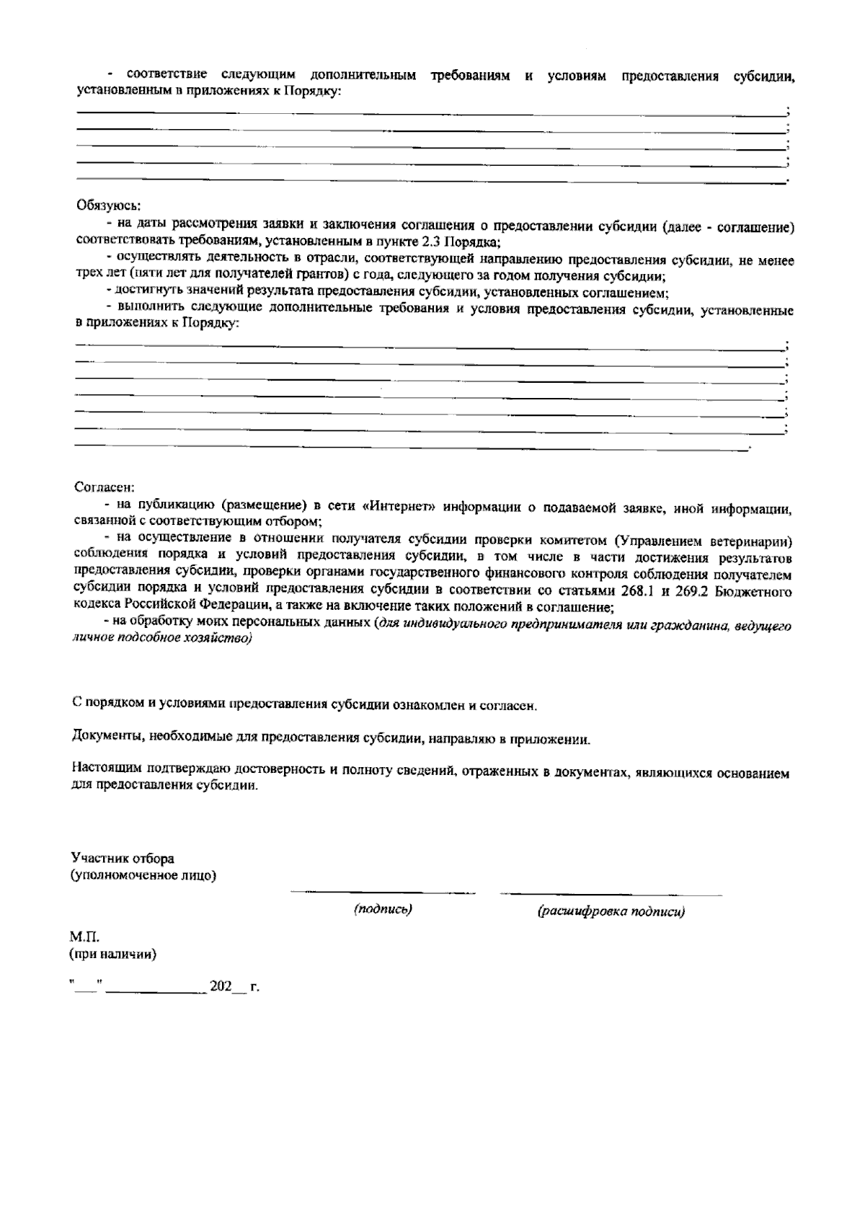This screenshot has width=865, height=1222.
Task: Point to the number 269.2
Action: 697,591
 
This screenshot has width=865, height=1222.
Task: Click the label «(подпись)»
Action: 383,909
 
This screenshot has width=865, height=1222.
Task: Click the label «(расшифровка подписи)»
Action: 611,911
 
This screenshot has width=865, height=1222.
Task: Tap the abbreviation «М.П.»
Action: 84,937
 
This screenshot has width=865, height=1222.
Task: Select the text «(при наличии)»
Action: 113,955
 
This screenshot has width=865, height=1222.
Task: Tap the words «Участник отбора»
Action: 123,859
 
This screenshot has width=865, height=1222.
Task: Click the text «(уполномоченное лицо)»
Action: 144,876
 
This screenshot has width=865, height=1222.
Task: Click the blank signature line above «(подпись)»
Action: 383,893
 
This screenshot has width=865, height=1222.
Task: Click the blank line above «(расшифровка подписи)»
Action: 611,895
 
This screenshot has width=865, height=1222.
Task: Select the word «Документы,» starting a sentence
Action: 109,738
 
